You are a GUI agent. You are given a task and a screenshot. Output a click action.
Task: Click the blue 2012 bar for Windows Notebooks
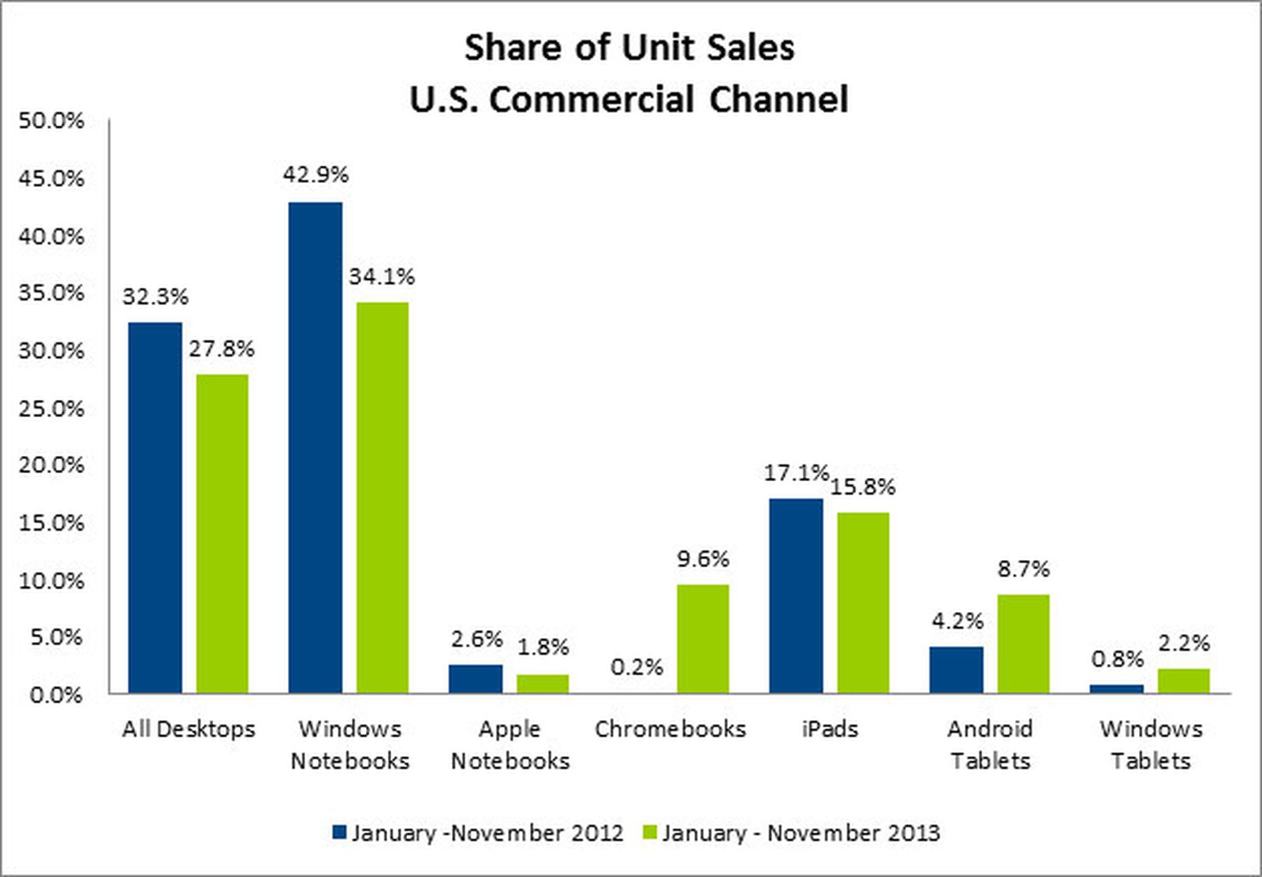click(x=315, y=447)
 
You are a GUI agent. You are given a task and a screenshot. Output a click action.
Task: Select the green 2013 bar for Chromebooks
click(x=703, y=639)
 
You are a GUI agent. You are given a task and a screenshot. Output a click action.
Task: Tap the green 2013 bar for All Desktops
click(x=222, y=534)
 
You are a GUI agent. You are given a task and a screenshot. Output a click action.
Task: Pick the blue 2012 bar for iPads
click(x=796, y=595)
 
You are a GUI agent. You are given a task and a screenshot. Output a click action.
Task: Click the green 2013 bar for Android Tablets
click(x=1023, y=644)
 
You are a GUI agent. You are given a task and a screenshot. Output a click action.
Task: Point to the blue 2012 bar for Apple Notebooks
click(x=476, y=679)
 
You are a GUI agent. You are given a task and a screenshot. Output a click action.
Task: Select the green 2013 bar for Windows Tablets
click(x=1183, y=681)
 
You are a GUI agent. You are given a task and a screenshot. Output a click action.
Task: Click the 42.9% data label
click(x=315, y=175)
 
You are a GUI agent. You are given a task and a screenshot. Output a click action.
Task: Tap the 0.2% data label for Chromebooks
click(x=637, y=668)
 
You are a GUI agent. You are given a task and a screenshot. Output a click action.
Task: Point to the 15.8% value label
click(x=863, y=487)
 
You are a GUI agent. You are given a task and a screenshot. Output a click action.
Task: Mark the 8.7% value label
click(x=1023, y=569)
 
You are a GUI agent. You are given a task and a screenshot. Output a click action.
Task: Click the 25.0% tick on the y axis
click(x=50, y=409)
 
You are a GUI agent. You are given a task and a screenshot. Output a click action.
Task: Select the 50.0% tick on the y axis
click(x=50, y=121)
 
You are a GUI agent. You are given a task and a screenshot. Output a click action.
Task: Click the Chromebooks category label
click(x=670, y=729)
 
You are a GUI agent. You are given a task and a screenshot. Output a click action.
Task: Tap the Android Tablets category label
click(x=990, y=745)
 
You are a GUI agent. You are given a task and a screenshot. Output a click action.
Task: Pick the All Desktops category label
click(x=189, y=729)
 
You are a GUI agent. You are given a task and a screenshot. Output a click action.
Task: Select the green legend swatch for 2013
click(x=651, y=833)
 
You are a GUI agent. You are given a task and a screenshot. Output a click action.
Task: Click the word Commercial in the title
click(x=591, y=100)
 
